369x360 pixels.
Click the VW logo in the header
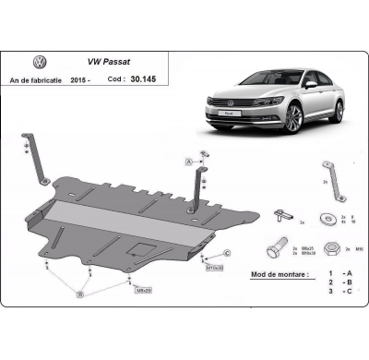pos(40,64)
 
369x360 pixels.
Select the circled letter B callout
pos(79,293)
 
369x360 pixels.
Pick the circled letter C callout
pos(226,252)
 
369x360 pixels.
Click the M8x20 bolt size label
pos(143,291)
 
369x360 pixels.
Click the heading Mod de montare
pos(281,274)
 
